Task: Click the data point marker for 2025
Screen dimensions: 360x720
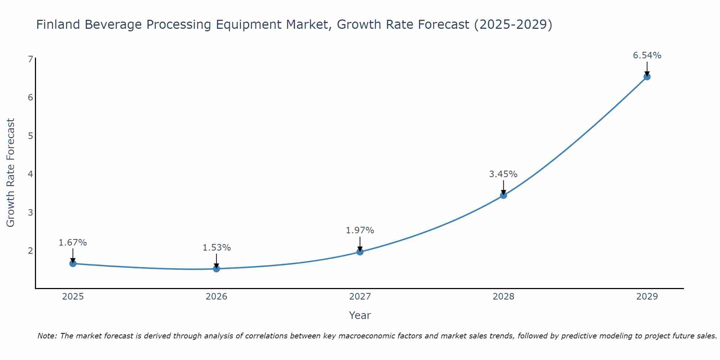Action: click(73, 264)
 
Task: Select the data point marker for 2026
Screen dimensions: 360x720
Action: click(216, 269)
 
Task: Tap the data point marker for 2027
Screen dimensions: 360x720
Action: click(360, 252)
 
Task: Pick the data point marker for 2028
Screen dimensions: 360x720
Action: click(503, 195)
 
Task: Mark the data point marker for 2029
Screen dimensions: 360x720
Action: click(647, 77)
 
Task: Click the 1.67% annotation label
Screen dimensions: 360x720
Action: click(73, 243)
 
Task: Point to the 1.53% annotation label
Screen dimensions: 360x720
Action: click(216, 248)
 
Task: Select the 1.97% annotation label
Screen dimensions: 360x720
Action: click(360, 230)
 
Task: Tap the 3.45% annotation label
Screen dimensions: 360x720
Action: click(503, 174)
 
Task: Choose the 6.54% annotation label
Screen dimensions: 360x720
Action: click(647, 55)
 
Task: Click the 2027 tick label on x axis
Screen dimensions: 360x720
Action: click(360, 297)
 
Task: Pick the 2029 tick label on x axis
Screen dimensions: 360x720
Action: click(647, 297)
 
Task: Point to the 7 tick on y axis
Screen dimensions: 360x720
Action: click(30, 59)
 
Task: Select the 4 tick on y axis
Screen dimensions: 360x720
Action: click(30, 174)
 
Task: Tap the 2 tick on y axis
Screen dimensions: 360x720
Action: click(30, 251)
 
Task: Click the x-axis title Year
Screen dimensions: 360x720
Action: click(360, 315)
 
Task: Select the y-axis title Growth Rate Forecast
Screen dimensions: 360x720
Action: click(11, 173)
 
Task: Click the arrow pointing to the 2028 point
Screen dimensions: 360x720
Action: click(503, 187)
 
